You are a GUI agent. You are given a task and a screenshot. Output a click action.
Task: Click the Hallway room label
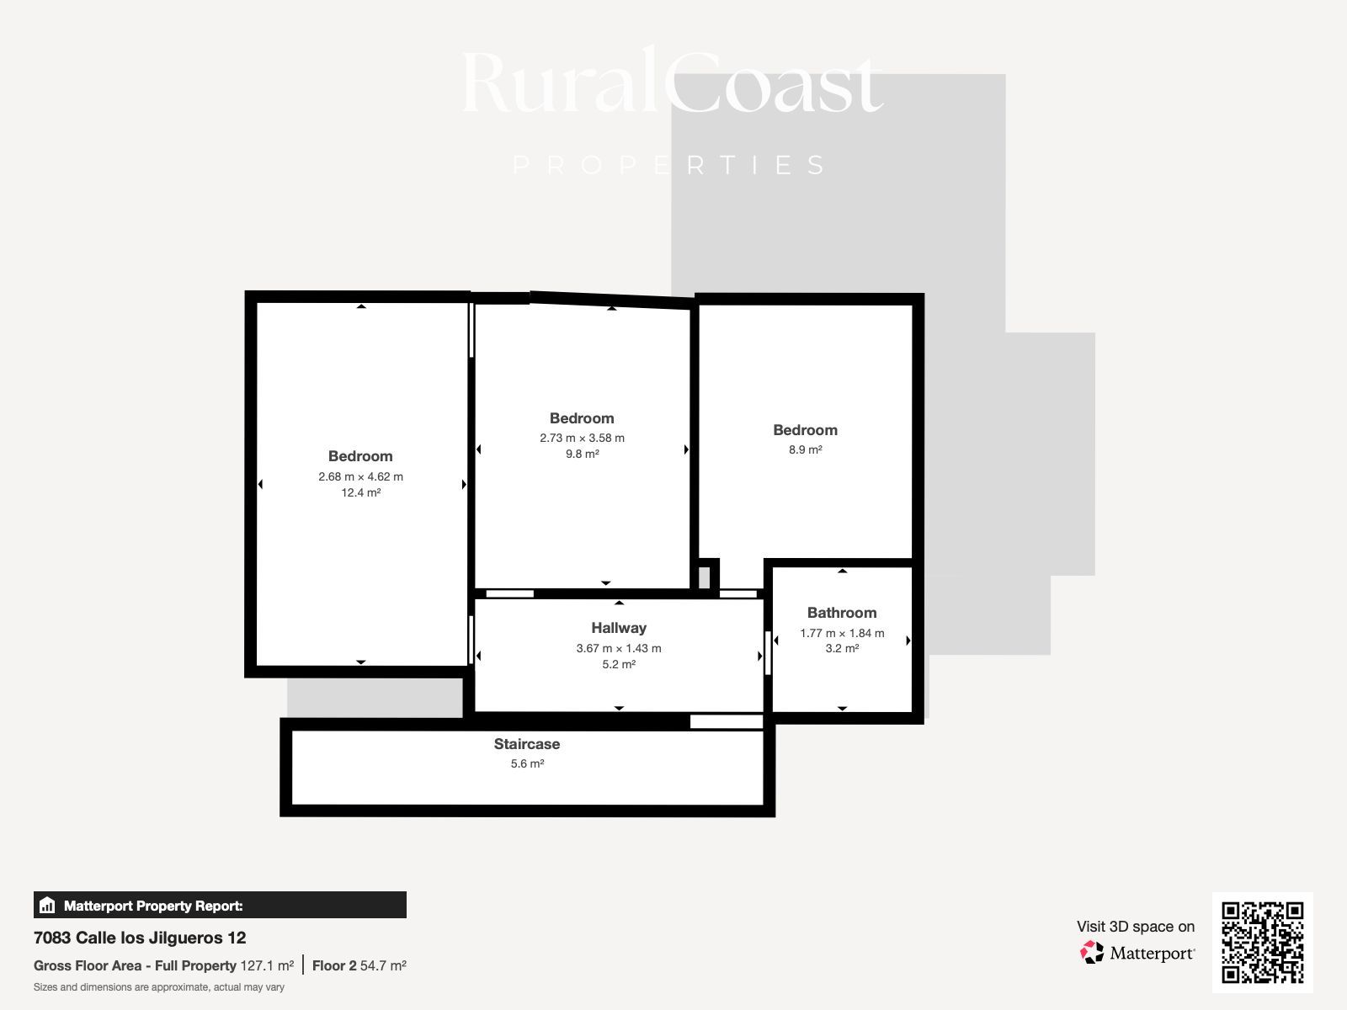click(x=619, y=628)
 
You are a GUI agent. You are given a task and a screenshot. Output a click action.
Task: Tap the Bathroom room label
click(x=842, y=613)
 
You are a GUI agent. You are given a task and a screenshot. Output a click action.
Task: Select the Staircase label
click(x=527, y=744)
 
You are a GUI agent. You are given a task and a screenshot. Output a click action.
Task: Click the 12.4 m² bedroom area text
click(x=361, y=492)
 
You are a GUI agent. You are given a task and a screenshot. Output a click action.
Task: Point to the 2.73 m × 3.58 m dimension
click(x=582, y=438)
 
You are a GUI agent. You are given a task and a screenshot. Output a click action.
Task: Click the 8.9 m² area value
click(x=805, y=449)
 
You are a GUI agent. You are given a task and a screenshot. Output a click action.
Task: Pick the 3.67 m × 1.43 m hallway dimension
click(x=619, y=648)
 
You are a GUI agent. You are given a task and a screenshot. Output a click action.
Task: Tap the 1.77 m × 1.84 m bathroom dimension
click(x=842, y=633)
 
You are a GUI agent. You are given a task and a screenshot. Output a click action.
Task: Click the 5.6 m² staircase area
click(x=527, y=763)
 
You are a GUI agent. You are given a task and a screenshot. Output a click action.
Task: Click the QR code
click(x=1262, y=943)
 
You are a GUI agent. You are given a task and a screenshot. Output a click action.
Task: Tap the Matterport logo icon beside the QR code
click(x=1092, y=953)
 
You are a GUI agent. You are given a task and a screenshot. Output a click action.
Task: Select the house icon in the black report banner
click(x=47, y=905)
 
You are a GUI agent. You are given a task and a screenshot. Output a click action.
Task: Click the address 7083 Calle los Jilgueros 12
click(x=140, y=938)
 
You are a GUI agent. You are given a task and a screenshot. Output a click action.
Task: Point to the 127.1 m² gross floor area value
click(x=267, y=966)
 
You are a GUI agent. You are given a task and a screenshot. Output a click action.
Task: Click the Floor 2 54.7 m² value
click(x=359, y=966)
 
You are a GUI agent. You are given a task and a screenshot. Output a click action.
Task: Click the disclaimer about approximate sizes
click(x=159, y=987)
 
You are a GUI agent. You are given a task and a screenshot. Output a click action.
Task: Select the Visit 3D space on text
click(x=1136, y=927)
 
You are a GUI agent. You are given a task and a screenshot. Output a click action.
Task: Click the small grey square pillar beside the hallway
click(x=705, y=577)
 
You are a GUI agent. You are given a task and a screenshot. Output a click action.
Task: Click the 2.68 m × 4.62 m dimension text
click(x=361, y=476)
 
